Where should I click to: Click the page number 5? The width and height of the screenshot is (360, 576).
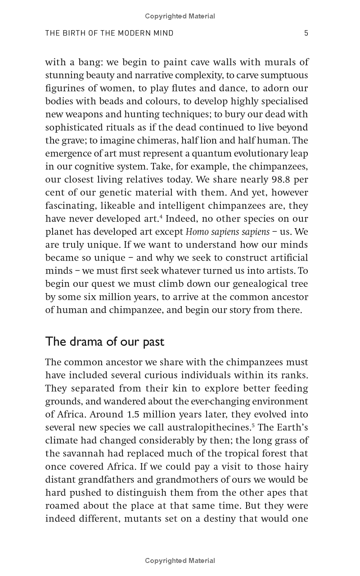306,33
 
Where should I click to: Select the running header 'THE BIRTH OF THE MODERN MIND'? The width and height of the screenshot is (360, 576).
109,33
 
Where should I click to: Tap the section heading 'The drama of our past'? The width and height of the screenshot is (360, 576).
105,342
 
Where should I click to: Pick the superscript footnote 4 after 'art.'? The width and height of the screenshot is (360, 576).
161,217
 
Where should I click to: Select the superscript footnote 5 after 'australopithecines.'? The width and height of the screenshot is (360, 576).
252,425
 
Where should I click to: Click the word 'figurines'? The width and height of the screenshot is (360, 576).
63,88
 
